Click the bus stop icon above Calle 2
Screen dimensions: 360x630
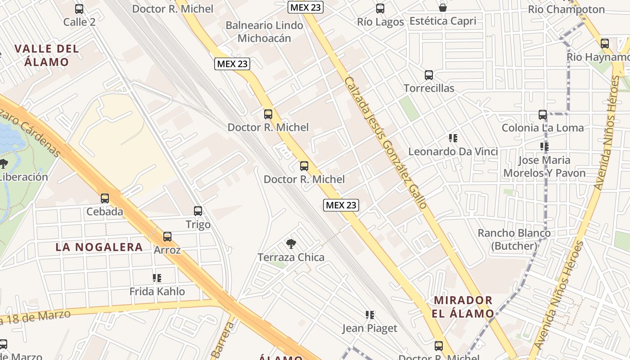(79, 9)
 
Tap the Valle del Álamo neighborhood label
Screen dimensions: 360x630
(46, 55)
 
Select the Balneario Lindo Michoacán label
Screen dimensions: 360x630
(264, 31)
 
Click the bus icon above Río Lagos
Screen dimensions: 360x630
(380, 8)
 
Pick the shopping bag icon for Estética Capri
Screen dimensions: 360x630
(443, 8)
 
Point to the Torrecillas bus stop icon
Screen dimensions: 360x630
(429, 75)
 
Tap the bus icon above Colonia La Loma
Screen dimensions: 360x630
(543, 115)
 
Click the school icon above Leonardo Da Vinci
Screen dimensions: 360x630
(453, 138)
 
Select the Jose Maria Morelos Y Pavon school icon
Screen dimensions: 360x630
(544, 147)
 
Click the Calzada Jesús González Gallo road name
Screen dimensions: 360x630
(385, 142)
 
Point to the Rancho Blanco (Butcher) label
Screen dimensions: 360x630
(514, 239)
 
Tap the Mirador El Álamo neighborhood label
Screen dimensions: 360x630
(463, 307)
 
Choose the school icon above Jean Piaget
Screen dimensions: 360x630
(370, 315)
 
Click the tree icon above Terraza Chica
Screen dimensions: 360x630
(291, 244)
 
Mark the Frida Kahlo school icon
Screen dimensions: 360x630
(157, 278)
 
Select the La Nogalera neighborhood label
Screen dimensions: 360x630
(99, 247)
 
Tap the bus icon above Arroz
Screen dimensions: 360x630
(167, 237)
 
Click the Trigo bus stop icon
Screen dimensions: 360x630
(198, 211)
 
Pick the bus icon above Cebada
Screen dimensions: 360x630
(105, 198)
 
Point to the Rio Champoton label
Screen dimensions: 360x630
(566, 9)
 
